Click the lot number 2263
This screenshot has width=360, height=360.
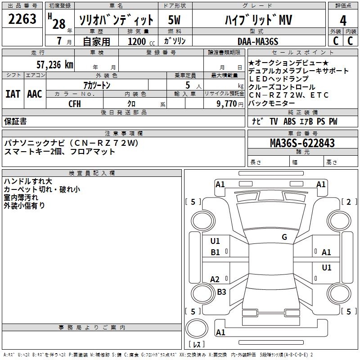tap(22, 20)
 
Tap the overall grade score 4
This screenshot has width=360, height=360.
tap(343, 21)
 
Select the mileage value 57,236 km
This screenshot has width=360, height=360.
tap(54, 64)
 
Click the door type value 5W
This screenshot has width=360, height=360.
tap(175, 20)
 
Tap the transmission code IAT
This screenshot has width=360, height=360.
tap(13, 94)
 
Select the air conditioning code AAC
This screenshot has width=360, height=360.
tap(35, 94)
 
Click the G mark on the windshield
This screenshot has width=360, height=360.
tap(284, 237)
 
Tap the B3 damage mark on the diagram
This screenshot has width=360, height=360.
tap(221, 292)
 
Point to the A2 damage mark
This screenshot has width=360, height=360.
tap(215, 279)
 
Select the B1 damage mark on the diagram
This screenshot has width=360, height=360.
tap(216, 252)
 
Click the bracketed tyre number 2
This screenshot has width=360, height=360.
tap(348, 202)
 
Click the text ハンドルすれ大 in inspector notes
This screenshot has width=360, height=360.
tap(28, 181)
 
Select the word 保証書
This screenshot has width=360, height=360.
tap(15, 121)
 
